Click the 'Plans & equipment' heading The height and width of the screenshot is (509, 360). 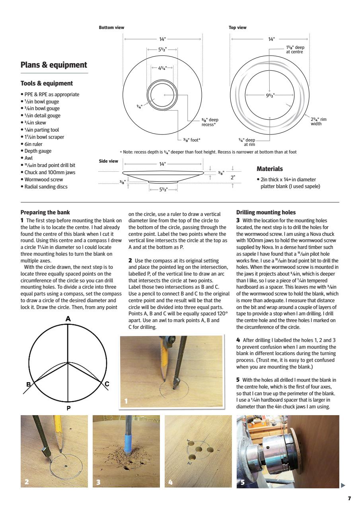pos(54,65)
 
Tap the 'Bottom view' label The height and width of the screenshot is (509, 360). pos(111,28)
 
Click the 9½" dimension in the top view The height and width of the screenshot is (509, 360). pos(270,95)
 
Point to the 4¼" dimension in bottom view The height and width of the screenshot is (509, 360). pos(162,68)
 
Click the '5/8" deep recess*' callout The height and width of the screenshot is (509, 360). pos(210,122)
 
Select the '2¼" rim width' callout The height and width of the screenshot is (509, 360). pos(319,121)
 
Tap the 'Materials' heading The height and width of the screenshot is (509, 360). pos(270,169)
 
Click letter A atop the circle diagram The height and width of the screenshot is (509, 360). pos(68,319)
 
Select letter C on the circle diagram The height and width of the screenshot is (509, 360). pos(107,384)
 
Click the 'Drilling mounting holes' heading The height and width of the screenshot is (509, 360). pos(266,213)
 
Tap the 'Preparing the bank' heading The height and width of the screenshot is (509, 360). pos(45,213)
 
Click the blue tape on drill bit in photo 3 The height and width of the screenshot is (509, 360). pos(128,442)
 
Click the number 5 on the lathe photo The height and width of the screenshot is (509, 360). pos(243,482)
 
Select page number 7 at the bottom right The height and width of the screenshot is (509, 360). pos(349,498)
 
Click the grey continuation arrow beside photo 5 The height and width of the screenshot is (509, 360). pos(343,485)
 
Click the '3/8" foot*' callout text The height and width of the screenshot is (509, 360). pos(192,140)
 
